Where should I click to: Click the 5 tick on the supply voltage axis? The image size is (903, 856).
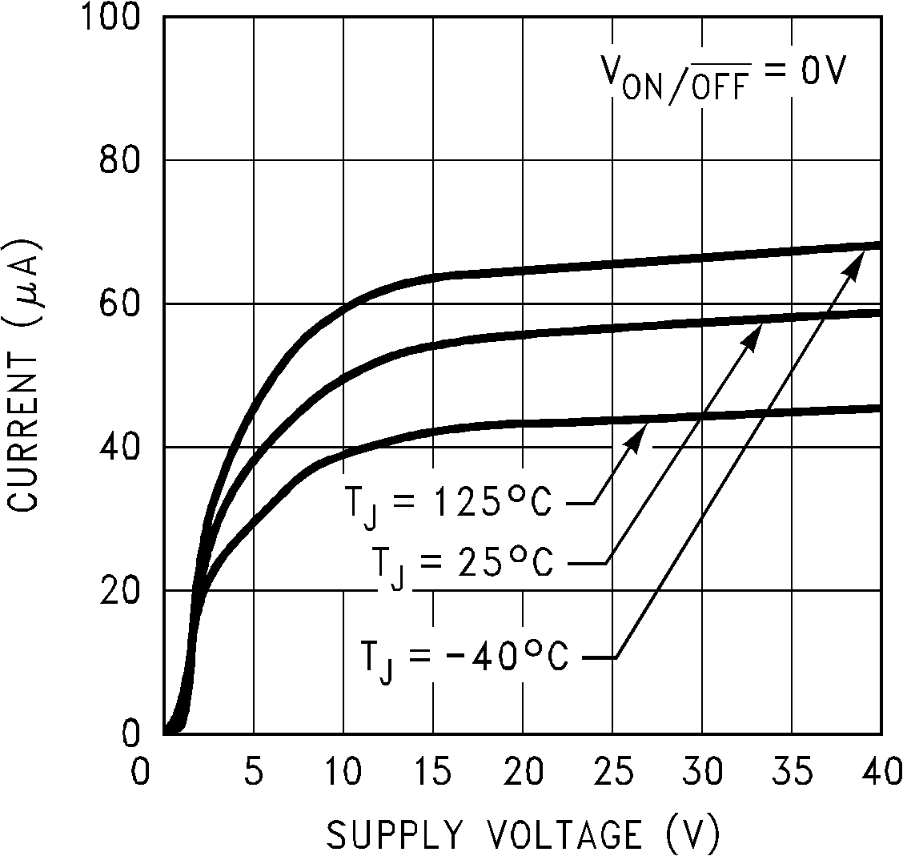pyautogui.click(x=254, y=775)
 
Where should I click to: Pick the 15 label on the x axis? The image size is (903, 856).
pyautogui.click(x=432, y=775)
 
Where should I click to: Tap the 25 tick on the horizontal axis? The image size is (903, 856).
pyautogui.click(x=612, y=775)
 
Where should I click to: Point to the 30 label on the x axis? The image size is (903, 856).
pyautogui.click(x=701, y=775)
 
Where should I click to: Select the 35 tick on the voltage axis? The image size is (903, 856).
pyautogui.click(x=791, y=775)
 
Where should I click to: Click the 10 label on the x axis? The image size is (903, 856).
pyautogui.click(x=343, y=775)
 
